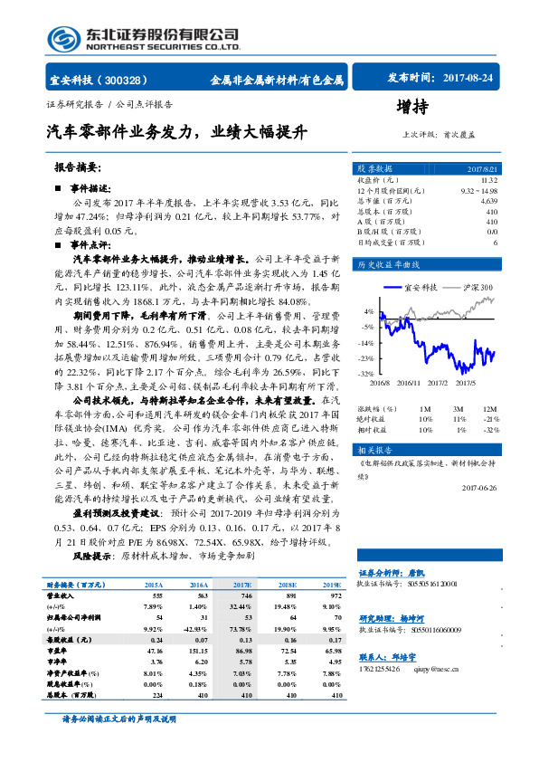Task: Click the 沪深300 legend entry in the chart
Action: [x=477, y=287]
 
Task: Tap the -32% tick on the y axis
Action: [x=366, y=373]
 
